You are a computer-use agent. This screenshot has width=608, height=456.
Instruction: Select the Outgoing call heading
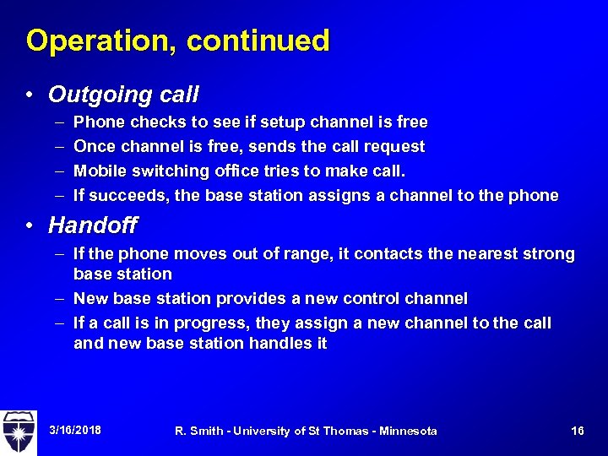(x=123, y=94)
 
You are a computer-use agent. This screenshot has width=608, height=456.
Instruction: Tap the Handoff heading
(x=92, y=225)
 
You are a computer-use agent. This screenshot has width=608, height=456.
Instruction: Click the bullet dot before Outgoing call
(x=30, y=95)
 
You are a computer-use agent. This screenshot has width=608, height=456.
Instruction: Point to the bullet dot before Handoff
(x=30, y=226)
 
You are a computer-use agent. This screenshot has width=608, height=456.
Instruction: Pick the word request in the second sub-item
(x=398, y=147)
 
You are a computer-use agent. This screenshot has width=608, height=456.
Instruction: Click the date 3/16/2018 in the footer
(x=75, y=431)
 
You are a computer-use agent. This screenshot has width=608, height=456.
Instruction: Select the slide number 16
(x=578, y=432)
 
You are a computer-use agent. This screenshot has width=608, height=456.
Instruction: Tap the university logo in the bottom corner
(x=19, y=432)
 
